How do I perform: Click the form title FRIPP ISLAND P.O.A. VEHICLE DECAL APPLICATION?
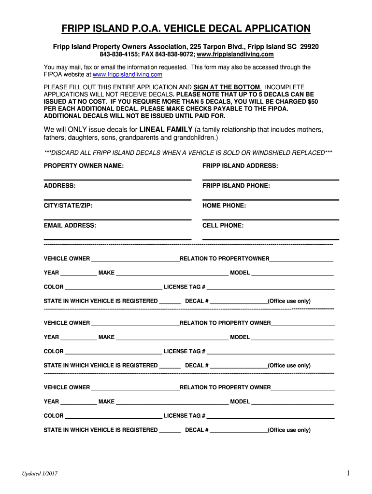[186, 29]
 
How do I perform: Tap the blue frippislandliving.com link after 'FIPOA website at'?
[127, 75]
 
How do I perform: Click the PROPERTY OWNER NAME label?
[84, 166]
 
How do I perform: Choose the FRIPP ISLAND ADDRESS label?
[240, 166]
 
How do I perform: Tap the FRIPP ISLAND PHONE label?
[236, 186]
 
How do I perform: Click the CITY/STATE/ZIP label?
[68, 206]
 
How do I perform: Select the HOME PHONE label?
[224, 206]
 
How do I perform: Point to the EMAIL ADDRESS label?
[70, 225]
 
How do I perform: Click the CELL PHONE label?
[223, 225]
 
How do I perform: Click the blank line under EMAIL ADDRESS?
[117, 238]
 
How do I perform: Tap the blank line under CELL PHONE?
[271, 238]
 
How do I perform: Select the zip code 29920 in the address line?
[309, 47]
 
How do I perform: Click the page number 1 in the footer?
[347, 473]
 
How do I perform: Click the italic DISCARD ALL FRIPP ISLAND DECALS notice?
[188, 153]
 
